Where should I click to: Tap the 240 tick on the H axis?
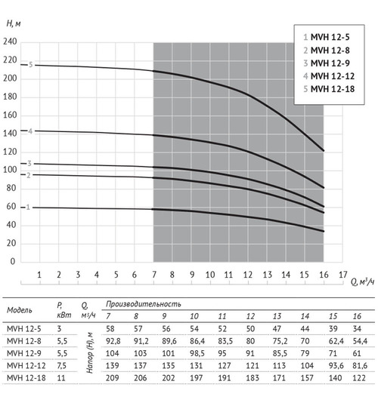point(10,42)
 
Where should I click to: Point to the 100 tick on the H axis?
point(10,170)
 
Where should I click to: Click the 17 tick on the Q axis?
point(343,275)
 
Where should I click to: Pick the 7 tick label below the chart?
point(154,275)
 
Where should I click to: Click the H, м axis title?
point(14,24)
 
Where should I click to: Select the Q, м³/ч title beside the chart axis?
point(362,281)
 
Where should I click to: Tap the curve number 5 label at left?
point(30,65)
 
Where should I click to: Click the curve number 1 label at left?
point(28,208)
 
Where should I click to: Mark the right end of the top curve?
point(324,150)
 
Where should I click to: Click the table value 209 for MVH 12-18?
point(113,378)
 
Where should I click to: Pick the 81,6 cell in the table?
point(360,365)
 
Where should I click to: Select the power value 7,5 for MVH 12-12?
point(62,365)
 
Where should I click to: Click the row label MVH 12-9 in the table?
point(24,353)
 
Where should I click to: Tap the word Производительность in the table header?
point(144,304)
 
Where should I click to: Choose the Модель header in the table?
point(20,310)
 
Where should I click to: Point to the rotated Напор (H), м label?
point(90,353)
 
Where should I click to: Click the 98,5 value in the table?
point(197,353)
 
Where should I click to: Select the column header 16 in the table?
point(357,316)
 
